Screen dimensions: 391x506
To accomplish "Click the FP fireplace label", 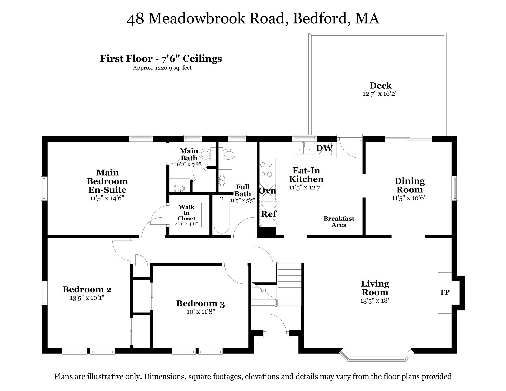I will (x=445, y=292).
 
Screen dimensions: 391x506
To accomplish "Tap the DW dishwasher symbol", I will (x=325, y=148).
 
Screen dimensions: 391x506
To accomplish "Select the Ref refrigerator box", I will (x=269, y=214).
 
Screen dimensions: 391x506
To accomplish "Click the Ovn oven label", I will (x=267, y=191).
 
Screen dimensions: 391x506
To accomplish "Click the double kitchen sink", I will (x=304, y=149).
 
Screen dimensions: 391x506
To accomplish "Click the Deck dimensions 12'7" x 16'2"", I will (x=380, y=94).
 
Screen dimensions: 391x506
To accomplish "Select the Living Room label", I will (x=375, y=288).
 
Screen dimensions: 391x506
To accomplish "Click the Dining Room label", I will (x=409, y=185).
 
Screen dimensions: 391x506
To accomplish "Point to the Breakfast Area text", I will (x=339, y=222).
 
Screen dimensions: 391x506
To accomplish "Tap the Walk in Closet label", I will (x=186, y=213).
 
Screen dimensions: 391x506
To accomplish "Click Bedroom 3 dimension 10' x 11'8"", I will (x=201, y=312).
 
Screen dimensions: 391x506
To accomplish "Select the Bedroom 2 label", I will (x=87, y=289).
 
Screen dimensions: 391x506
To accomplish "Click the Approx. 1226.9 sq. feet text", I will (x=162, y=68).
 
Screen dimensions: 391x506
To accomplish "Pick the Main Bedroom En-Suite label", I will (x=107, y=181).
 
